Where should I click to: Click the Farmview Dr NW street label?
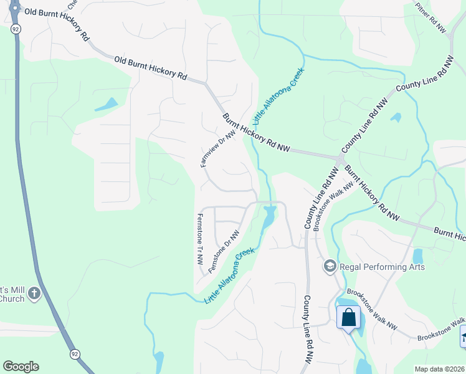coord(218,148)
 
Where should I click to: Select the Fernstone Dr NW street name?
coord(224,251)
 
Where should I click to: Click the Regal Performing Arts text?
coord(382,267)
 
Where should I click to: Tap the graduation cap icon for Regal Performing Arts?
coord(330,267)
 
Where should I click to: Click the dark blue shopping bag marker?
coord(348,317)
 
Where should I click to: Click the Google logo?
coord(21,367)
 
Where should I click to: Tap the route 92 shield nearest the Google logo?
coord(74,353)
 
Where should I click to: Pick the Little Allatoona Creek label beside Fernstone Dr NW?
coord(230,276)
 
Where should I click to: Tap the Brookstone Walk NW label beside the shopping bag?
coord(372,308)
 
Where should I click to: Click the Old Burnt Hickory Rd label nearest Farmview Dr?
coord(151,68)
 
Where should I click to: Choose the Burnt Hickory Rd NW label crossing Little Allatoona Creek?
coord(257,133)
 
